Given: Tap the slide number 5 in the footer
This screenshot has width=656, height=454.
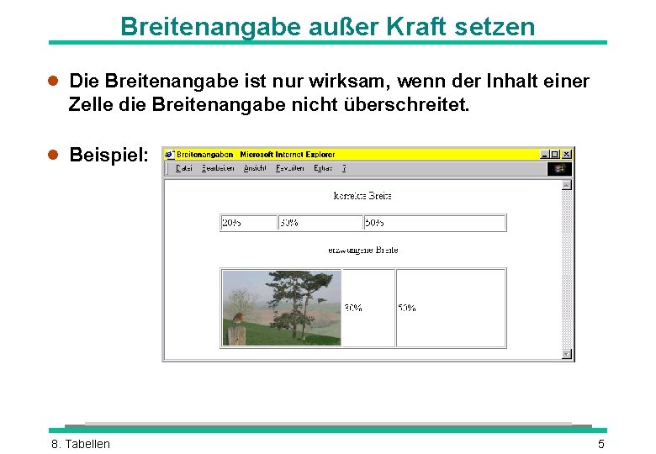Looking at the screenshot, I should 600,444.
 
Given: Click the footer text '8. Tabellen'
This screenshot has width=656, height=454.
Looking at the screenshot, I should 81,444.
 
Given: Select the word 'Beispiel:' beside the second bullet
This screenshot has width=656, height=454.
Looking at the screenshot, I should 109,156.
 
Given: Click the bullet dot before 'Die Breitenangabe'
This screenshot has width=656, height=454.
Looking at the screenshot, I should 52,82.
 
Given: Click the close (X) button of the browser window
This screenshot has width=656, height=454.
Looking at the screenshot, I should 568,154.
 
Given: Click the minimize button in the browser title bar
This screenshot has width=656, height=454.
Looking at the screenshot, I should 544,154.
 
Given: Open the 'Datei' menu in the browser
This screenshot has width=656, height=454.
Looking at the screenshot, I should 184,168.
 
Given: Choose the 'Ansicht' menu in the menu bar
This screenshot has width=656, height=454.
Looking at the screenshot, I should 255,168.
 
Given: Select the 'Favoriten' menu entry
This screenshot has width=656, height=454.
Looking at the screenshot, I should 289,168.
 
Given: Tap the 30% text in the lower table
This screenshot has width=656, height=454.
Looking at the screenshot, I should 353,308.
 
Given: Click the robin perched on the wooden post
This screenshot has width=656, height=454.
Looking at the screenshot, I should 238,319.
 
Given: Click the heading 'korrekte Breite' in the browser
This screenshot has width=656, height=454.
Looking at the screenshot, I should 362,196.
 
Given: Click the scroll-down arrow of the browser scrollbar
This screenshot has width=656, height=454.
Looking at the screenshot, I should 567,354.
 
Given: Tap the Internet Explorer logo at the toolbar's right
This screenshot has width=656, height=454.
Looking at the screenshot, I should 559,168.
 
